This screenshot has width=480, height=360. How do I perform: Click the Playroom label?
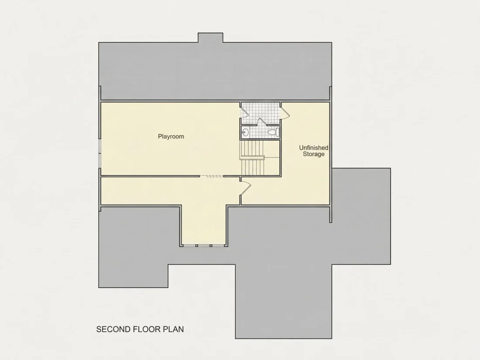(171, 137)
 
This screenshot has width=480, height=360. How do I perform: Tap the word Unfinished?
(313, 147)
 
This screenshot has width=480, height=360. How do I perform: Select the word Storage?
(313, 154)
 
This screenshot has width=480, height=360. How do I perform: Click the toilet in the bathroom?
(274, 132)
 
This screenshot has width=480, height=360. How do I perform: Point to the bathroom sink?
(245, 132)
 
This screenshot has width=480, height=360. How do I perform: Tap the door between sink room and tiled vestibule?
(262, 122)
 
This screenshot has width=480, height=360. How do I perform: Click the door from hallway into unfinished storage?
(246, 187)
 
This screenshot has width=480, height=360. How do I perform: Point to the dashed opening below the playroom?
(212, 176)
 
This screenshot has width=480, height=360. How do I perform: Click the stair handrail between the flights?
(252, 158)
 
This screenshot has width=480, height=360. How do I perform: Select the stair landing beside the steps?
(272, 149)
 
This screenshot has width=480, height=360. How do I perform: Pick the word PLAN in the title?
(174, 329)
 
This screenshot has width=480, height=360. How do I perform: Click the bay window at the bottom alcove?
(204, 246)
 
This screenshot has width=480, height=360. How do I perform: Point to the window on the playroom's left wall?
(99, 154)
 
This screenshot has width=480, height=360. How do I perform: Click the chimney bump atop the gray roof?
(210, 38)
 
